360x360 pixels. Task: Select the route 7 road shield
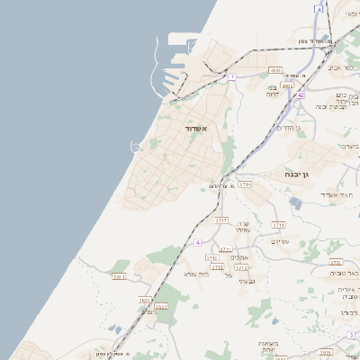[x=231, y=77]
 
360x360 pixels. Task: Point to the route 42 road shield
[x=301, y=94]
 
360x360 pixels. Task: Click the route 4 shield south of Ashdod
[x=197, y=242]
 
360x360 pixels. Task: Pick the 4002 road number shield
[x=287, y=86]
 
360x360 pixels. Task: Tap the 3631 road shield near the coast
[x=118, y=277]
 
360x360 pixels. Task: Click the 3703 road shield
[x=245, y=184]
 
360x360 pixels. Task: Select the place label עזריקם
[x=279, y=241]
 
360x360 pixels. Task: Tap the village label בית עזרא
[x=197, y=273]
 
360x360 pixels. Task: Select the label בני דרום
[x=273, y=91]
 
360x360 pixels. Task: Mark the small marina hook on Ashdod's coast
[x=136, y=146]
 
